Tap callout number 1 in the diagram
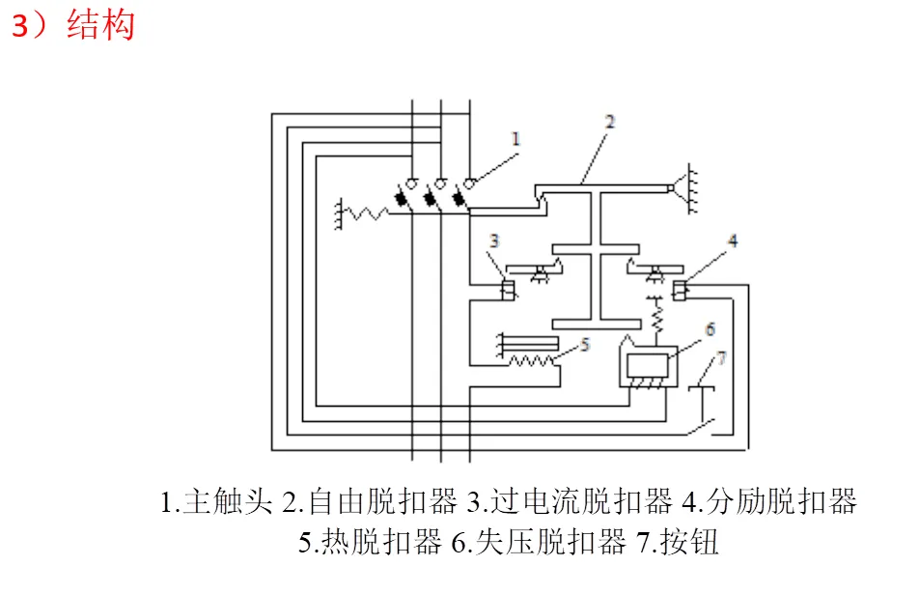click(515, 138)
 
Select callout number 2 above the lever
click(609, 122)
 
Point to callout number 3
click(494, 240)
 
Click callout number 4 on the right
click(733, 240)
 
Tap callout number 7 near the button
click(721, 357)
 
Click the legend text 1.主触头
click(216, 502)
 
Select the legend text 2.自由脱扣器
click(369, 502)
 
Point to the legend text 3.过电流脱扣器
click(570, 502)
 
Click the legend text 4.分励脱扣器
click(769, 502)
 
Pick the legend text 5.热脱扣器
click(370, 542)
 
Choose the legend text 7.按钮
click(678, 542)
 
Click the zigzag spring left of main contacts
click(365, 213)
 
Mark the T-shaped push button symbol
click(702, 404)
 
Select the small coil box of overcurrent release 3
click(508, 290)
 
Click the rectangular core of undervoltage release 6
click(647, 366)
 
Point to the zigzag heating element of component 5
click(531, 360)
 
